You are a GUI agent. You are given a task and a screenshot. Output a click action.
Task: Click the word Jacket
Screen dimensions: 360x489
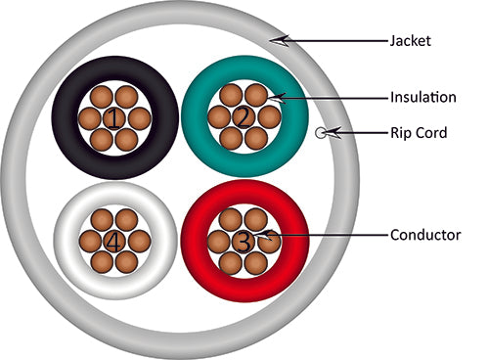(x=411, y=41)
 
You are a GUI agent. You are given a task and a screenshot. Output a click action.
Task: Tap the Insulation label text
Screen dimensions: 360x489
(x=422, y=98)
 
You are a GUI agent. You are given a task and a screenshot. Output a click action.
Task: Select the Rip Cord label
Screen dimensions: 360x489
(x=419, y=133)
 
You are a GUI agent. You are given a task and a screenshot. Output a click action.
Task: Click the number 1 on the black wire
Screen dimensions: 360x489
(x=115, y=119)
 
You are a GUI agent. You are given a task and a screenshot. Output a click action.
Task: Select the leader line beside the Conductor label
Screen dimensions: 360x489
(x=333, y=235)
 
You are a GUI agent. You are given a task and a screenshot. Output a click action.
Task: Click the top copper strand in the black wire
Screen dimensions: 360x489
(x=115, y=94)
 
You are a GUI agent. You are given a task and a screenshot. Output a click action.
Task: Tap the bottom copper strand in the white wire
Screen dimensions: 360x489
(x=115, y=263)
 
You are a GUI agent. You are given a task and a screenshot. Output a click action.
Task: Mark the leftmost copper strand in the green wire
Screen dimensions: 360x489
(x=217, y=117)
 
